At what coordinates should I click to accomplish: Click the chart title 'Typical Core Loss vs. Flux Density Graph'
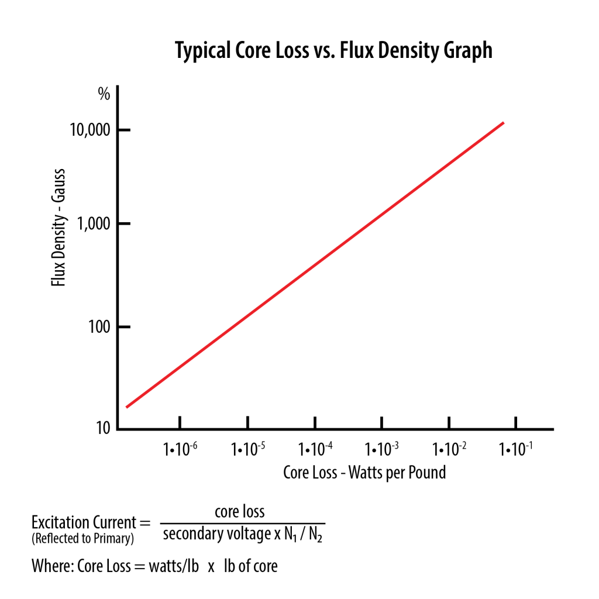333,51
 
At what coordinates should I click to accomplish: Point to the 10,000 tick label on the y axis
89,130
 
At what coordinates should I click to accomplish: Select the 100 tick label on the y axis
98,326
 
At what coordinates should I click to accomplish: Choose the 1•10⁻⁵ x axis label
247,449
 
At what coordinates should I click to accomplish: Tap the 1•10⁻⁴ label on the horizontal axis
315,449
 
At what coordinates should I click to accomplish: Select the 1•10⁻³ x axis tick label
382,449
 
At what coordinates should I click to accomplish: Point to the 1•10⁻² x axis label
449,449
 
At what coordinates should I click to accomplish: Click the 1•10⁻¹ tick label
515,449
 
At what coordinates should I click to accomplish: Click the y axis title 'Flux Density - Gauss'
58,228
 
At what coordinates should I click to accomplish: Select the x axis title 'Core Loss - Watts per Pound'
364,472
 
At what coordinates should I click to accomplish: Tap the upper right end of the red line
503,123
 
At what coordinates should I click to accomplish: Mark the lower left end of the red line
127,407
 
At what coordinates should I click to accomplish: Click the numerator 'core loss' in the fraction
240,512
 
